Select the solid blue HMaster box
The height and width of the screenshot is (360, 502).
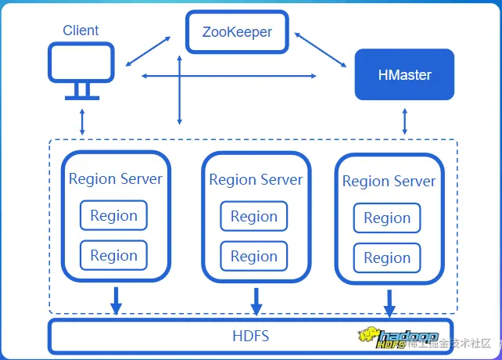coord(404,75)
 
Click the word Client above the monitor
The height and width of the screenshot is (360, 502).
coord(81,31)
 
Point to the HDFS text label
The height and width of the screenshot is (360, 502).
coord(251,337)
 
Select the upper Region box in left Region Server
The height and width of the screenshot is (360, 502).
coord(113,216)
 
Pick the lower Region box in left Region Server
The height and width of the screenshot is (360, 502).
coord(113,255)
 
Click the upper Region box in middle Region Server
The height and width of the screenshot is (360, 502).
coord(254,217)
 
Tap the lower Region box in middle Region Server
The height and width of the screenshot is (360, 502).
coord(254,256)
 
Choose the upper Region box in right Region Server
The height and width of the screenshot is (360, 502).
coord(387,218)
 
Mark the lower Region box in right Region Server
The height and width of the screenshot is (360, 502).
coord(387,258)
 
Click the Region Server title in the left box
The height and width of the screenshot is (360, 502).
coord(116,178)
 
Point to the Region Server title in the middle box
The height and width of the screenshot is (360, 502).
coord(256,180)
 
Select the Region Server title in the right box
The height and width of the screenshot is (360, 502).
coord(389,182)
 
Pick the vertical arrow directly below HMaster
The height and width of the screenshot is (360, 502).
coord(404,121)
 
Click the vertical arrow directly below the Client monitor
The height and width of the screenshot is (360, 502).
coord(81,121)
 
